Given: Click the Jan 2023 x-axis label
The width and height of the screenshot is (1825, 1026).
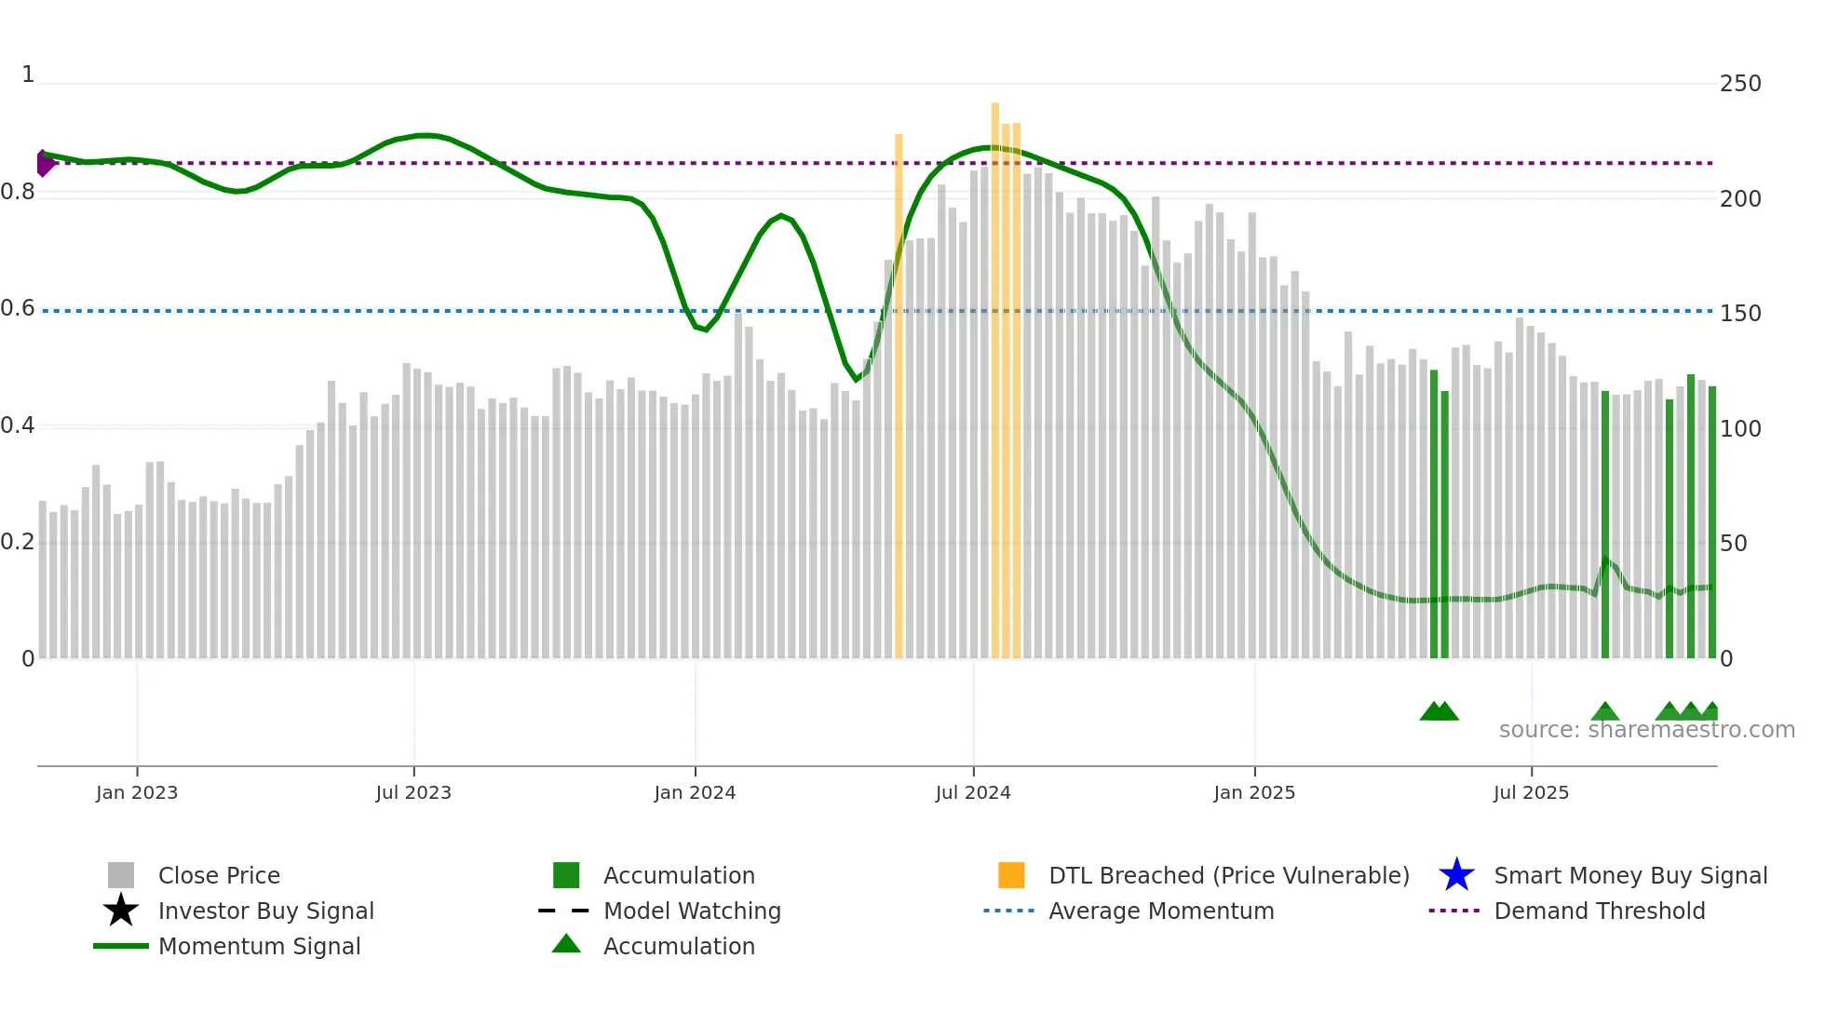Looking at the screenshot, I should [136, 792].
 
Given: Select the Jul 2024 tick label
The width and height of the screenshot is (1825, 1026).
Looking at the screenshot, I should [972, 792].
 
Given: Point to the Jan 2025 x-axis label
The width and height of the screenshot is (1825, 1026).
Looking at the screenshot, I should [1253, 792].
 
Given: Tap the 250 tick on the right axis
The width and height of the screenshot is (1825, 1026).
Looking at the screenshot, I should [1739, 84].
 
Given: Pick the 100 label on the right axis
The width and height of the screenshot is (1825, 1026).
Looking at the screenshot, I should [1739, 429].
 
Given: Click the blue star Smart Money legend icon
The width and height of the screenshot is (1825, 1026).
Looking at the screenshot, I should [1456, 875].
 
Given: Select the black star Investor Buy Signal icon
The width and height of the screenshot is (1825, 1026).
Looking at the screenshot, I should [121, 911].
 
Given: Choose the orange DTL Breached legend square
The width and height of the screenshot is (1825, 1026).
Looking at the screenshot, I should [1011, 875].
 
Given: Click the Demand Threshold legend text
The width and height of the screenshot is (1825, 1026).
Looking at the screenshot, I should [1599, 911].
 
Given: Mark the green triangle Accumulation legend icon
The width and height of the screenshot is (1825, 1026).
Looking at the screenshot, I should [566, 944].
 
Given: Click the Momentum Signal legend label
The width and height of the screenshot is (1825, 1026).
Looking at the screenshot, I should [259, 946].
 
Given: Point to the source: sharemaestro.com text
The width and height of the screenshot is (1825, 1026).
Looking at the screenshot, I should [1646, 730].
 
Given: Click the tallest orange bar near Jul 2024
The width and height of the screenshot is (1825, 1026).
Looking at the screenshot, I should [994, 372].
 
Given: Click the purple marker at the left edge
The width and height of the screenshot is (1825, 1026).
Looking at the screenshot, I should [44, 163].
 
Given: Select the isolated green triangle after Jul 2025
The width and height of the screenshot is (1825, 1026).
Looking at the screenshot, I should [1604, 711].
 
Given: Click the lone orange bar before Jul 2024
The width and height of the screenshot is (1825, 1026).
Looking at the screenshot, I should [899, 391].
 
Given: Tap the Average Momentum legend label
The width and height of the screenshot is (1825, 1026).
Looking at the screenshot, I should [1160, 911].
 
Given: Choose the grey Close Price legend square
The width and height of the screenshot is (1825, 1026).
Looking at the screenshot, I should [121, 875].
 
